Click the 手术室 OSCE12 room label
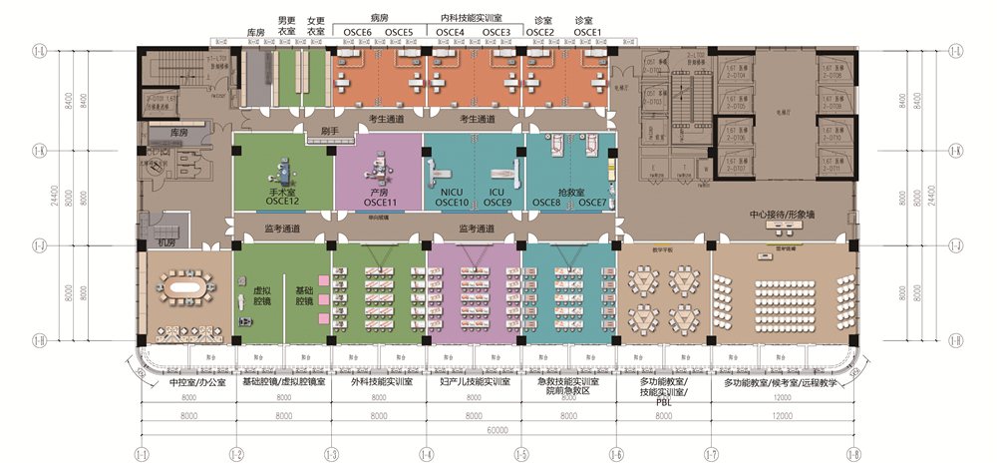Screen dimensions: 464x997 [282, 197]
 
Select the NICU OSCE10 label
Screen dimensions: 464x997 [452, 198]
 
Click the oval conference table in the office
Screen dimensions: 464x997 [189, 289]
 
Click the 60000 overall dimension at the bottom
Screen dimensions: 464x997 [498, 430]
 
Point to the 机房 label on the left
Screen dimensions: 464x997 [166, 241]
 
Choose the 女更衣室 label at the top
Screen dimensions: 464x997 [315, 26]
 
